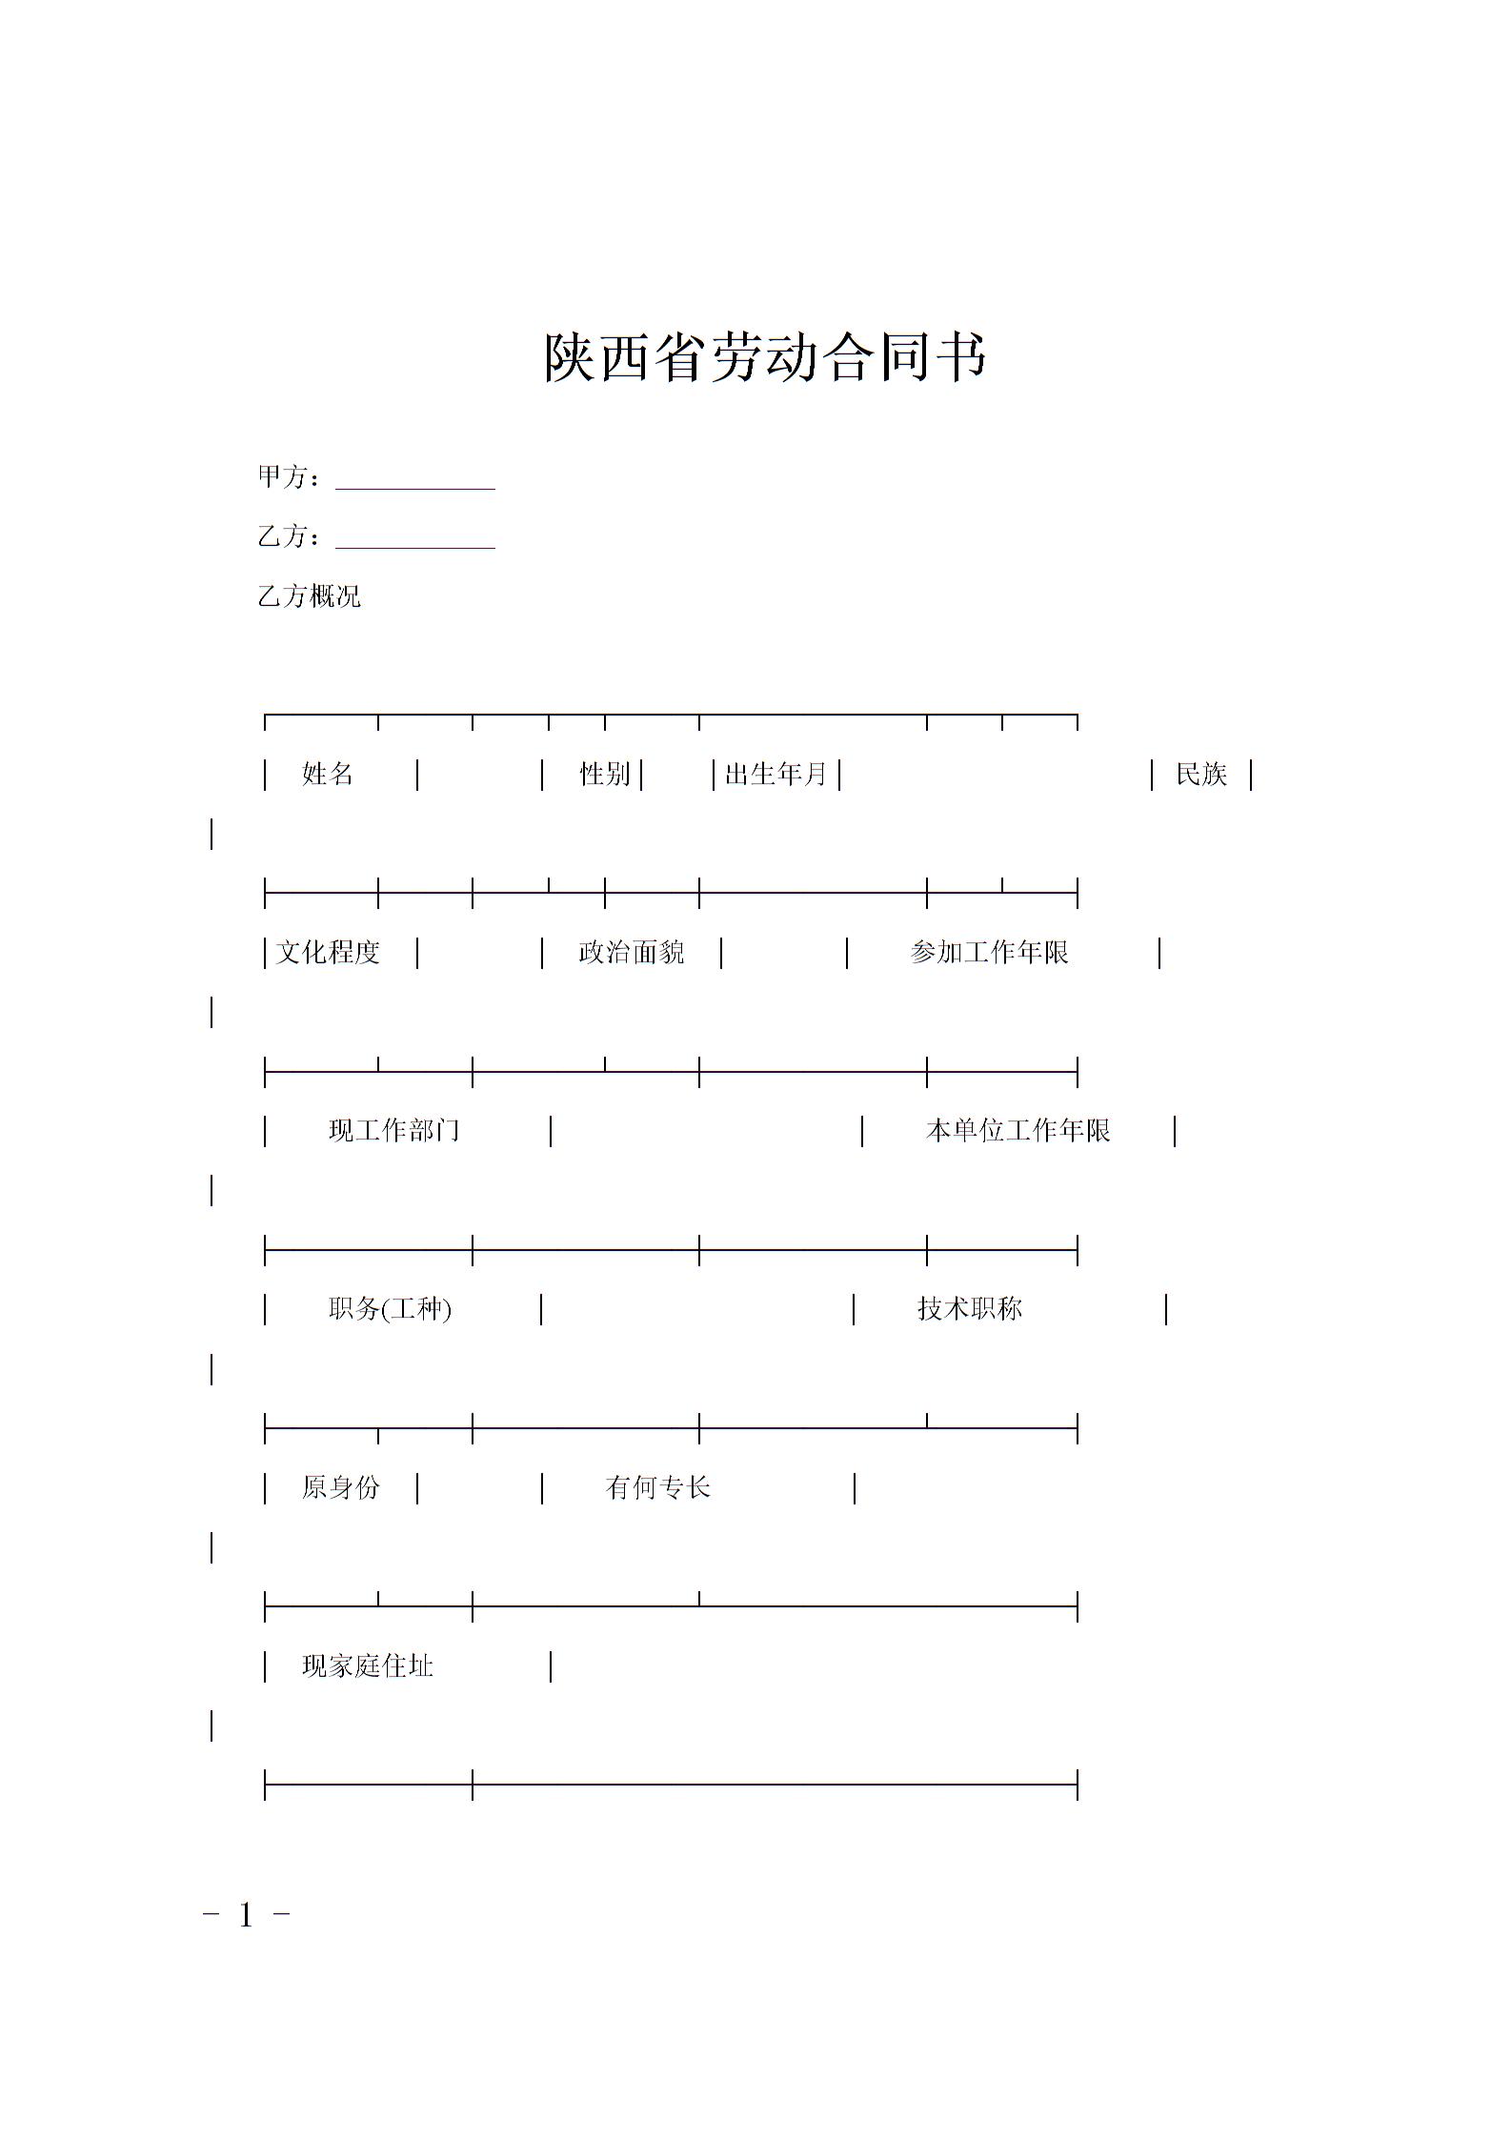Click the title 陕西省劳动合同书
764,358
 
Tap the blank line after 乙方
414,539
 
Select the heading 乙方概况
310,597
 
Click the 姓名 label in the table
328,775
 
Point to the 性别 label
605,775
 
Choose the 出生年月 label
776,775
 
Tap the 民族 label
1200,775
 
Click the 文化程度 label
328,953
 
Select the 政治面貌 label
631,953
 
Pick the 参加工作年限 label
989,953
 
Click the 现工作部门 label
393,1131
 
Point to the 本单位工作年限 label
1017,1131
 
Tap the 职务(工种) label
390,1309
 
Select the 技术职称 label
969,1309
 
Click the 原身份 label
340,1487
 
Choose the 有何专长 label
657,1487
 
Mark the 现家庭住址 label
368,1666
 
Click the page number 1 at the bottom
246,1915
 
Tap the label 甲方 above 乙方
282,477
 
